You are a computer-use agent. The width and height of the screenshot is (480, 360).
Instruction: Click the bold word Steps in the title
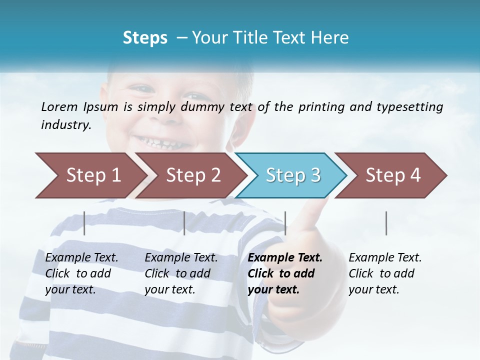coord(145,37)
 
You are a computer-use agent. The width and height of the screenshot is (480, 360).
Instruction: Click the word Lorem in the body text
coord(59,106)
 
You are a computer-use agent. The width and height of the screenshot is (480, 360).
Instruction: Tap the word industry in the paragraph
coord(65,125)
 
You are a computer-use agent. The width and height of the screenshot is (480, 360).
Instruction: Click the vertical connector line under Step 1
coord(84,223)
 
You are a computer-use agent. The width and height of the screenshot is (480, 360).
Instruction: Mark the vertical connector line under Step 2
coord(184,223)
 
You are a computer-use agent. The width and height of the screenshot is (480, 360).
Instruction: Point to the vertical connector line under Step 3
coord(285,223)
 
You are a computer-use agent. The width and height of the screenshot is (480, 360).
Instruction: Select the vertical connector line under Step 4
coord(386,223)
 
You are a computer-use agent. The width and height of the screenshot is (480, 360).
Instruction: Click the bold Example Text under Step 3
coord(285,258)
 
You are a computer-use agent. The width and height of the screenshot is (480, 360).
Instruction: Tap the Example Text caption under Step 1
coord(81,258)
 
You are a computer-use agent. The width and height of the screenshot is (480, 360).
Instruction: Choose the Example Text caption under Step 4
coord(385,258)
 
